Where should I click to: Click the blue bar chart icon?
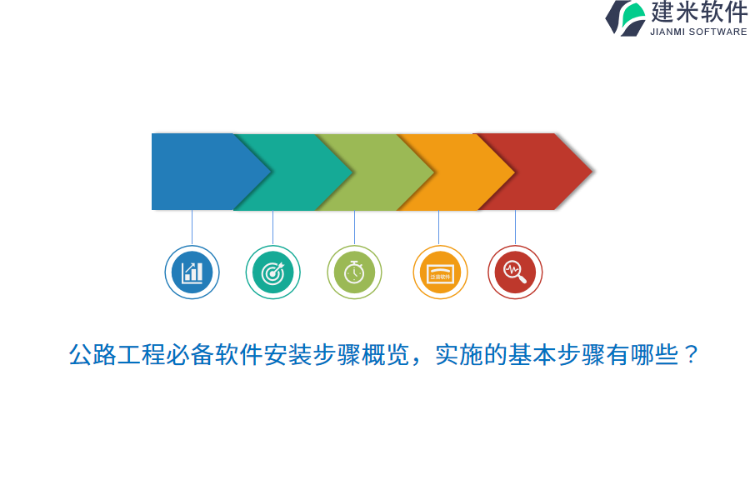pos(192,272)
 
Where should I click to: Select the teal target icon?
pos(272,272)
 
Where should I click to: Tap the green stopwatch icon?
pos(354,272)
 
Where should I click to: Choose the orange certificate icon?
pos(440,272)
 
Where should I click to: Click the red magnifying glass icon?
pos(515,272)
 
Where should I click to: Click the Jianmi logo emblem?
pos(626,17)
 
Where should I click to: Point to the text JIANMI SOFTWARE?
pos(698,32)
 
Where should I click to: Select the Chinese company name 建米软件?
pos(698,12)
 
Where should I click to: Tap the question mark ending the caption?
pos(691,355)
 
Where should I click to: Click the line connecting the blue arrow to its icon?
pos(192,227)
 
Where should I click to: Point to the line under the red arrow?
pos(515,227)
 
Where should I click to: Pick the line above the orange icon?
pos(438,227)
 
